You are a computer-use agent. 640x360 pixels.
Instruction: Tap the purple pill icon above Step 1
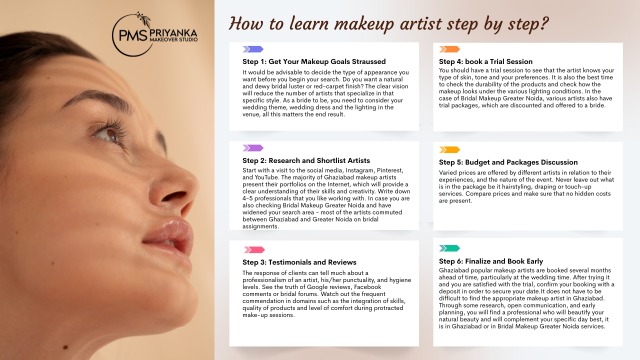click(254, 48)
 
